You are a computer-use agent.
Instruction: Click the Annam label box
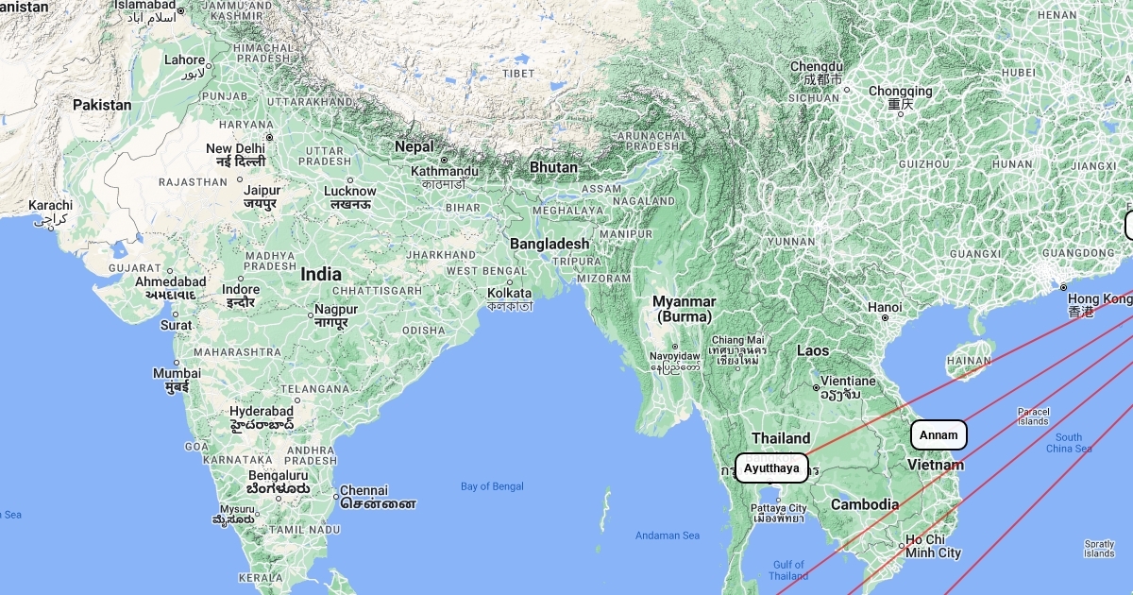[939, 434]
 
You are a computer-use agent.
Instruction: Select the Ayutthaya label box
[771, 467]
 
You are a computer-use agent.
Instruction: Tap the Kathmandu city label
[444, 171]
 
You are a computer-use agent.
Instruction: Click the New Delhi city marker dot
[269, 138]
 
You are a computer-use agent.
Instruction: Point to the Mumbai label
[177, 373]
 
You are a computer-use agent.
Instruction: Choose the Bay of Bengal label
[492, 486]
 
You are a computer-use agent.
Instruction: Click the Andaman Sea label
[668, 535]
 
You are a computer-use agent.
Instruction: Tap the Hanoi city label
[885, 307]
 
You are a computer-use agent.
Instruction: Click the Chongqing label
[900, 92]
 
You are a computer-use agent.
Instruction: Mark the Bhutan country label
[553, 167]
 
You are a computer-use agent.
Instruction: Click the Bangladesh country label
[550, 244]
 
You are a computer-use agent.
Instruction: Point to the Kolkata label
[510, 293]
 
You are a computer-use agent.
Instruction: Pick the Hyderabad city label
[262, 412]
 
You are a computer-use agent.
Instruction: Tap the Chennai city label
[364, 490]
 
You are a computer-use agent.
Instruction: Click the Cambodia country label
[864, 504]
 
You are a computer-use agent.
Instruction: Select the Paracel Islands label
[1032, 416]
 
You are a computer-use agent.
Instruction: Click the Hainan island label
[970, 360]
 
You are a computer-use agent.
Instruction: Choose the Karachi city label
[50, 205]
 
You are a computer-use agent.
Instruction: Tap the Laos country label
[812, 350]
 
